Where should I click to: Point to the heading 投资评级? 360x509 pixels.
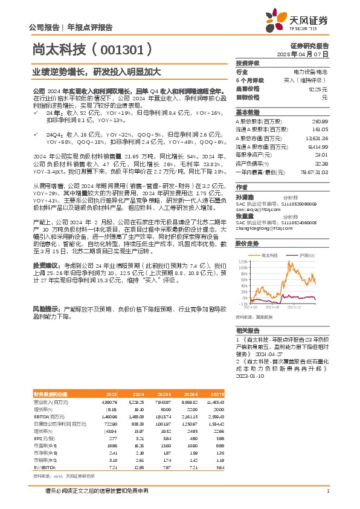[248, 63]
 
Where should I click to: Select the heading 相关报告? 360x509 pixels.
[248, 331]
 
